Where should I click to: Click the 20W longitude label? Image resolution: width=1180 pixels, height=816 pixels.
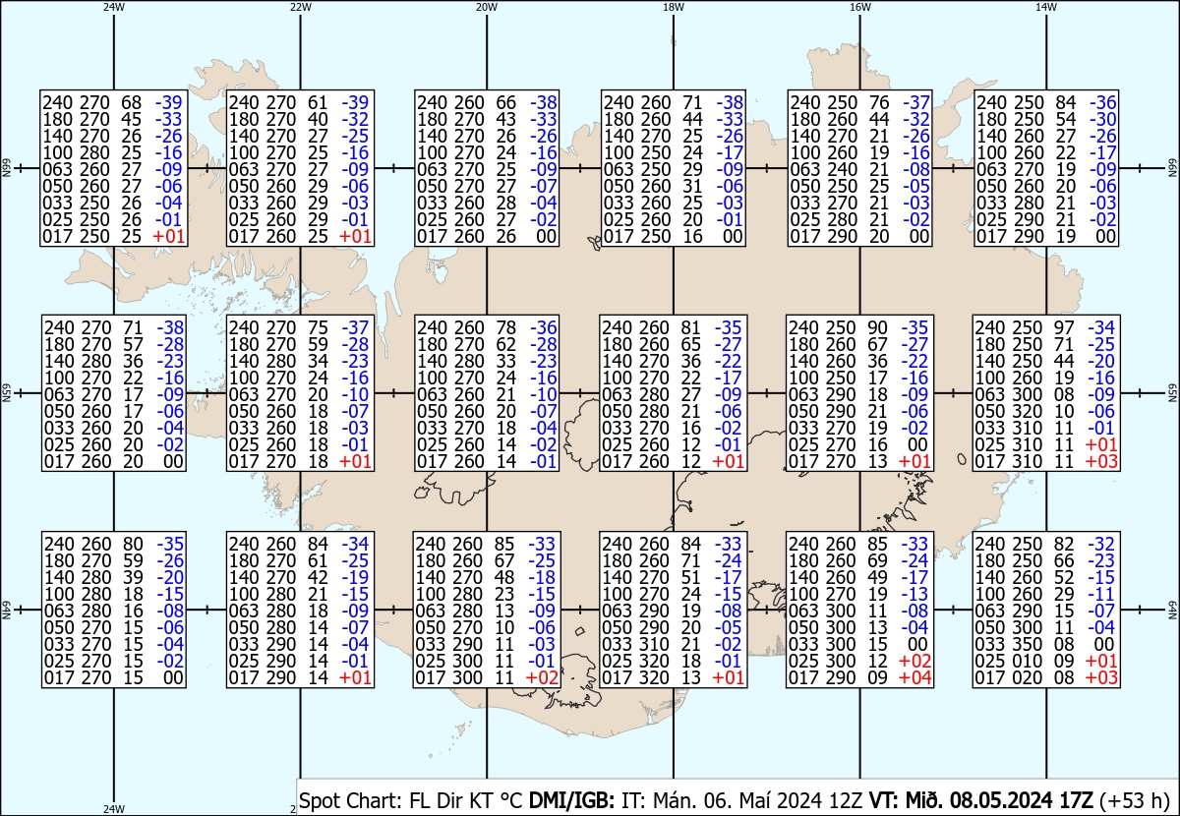(486, 8)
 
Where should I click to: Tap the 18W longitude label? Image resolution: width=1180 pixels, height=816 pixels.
(674, 8)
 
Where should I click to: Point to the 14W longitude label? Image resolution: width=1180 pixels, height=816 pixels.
(1046, 8)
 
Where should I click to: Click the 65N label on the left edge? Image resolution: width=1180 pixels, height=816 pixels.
(6, 393)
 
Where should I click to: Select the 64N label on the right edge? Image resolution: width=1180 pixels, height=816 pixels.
(1172, 610)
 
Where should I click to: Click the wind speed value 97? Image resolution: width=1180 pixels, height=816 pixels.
(1064, 327)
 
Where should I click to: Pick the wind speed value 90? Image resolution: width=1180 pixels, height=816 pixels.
(877, 327)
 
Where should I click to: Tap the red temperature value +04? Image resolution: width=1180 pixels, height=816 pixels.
(915, 677)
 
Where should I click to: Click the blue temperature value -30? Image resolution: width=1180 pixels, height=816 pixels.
(1102, 119)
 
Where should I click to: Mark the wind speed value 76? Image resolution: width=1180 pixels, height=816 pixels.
(879, 102)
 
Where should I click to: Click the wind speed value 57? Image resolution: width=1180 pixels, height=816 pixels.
(133, 344)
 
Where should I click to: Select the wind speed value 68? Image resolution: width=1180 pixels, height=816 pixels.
(131, 102)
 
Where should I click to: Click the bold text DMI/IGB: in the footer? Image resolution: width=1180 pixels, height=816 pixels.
(571, 800)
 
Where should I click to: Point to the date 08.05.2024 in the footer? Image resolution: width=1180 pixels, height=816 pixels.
(1001, 800)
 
